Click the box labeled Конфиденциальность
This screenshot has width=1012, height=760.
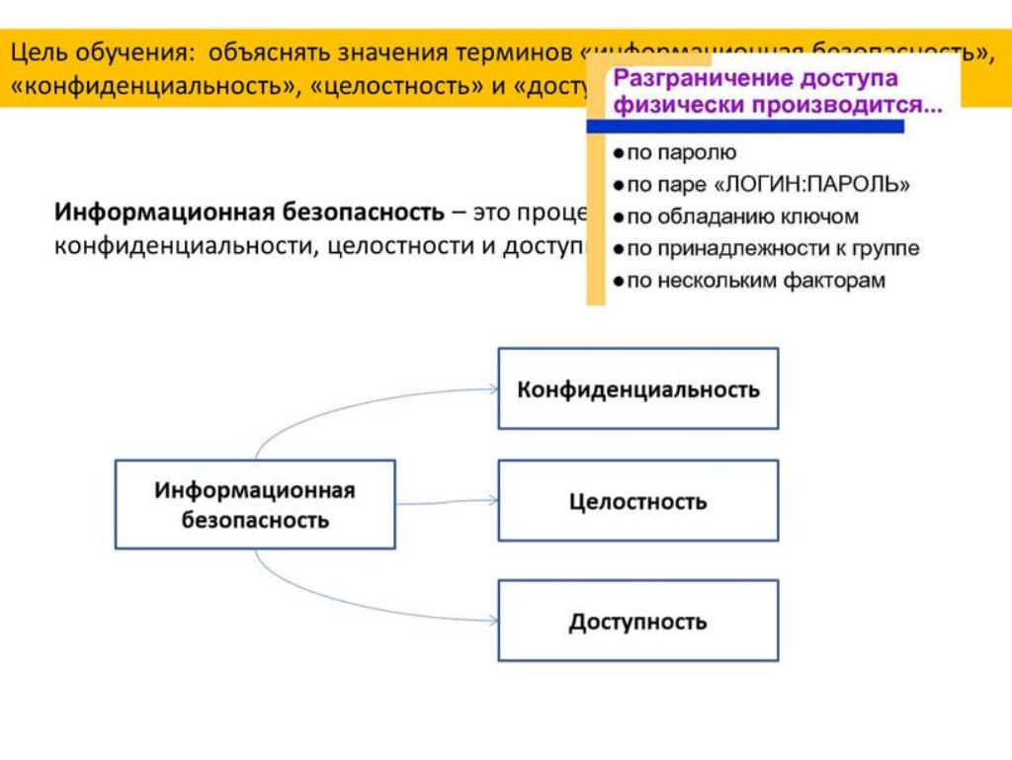637,388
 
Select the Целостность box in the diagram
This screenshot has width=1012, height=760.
637,501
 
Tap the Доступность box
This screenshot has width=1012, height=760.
637,621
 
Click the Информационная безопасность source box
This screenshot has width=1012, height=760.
255,504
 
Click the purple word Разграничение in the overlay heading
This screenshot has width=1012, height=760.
691,78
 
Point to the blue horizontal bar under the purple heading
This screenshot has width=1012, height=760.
745,127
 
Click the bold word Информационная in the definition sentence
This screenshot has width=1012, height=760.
164,212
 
